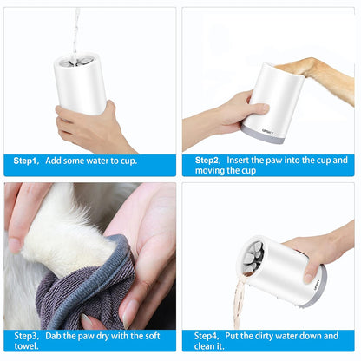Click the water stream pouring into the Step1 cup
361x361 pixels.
click(x=77, y=30)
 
